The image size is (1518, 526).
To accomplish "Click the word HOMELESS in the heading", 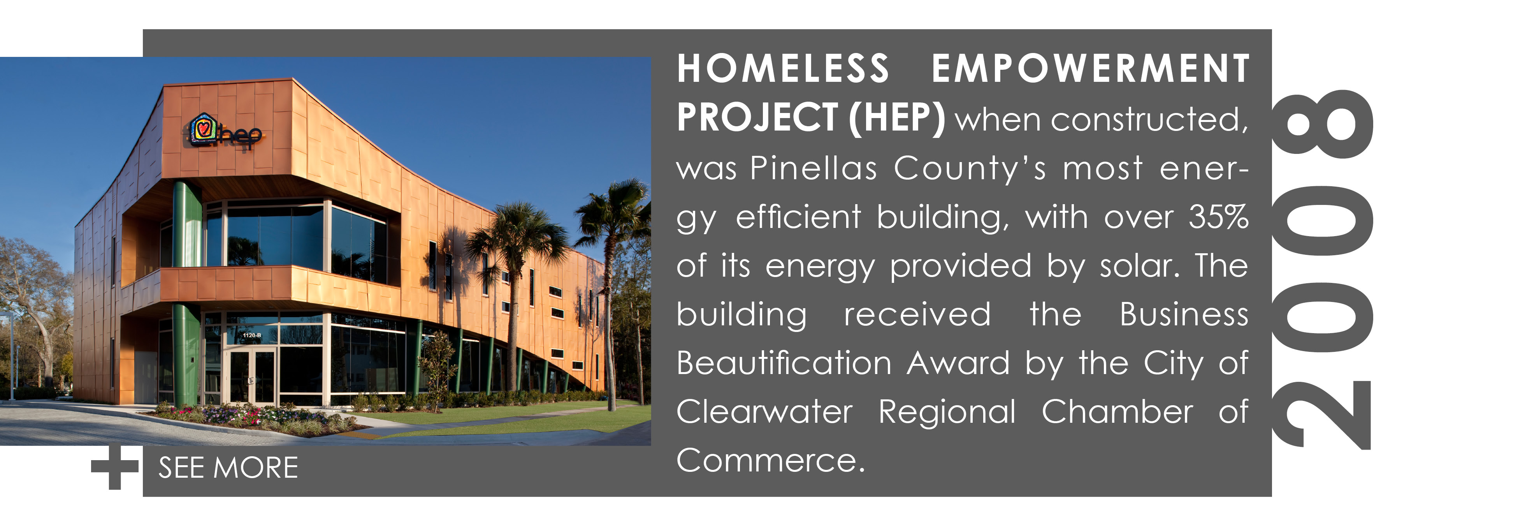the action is click(783, 69).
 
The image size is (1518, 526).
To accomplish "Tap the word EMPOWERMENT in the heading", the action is click(1090, 69).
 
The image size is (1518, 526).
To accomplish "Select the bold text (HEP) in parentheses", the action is click(896, 118).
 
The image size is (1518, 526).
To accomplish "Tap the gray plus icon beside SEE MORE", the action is click(115, 467).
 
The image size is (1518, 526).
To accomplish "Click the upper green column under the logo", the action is click(187, 224).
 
